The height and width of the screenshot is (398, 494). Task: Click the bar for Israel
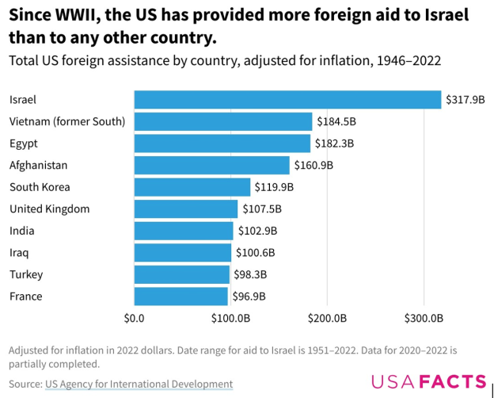(x=287, y=100)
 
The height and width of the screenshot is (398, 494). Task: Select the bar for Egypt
(x=222, y=144)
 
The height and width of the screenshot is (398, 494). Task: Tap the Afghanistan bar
(x=212, y=165)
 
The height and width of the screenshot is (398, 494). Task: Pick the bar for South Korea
(x=192, y=187)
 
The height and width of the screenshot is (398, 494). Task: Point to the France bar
(x=181, y=297)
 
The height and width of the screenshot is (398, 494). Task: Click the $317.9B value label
(x=465, y=100)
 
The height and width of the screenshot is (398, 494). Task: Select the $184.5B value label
(x=336, y=121)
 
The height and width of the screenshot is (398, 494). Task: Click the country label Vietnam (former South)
(x=67, y=121)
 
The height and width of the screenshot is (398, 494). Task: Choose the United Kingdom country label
(x=49, y=209)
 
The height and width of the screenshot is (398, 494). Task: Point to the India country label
(x=21, y=231)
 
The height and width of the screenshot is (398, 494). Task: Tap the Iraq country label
(x=19, y=253)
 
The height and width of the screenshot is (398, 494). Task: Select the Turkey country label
(x=26, y=274)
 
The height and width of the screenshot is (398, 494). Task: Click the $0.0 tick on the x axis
(x=135, y=319)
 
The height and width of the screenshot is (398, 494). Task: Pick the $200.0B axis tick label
(x=328, y=319)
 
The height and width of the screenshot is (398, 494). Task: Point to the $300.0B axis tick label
(x=424, y=319)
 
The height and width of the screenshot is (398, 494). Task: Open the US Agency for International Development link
(x=139, y=384)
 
